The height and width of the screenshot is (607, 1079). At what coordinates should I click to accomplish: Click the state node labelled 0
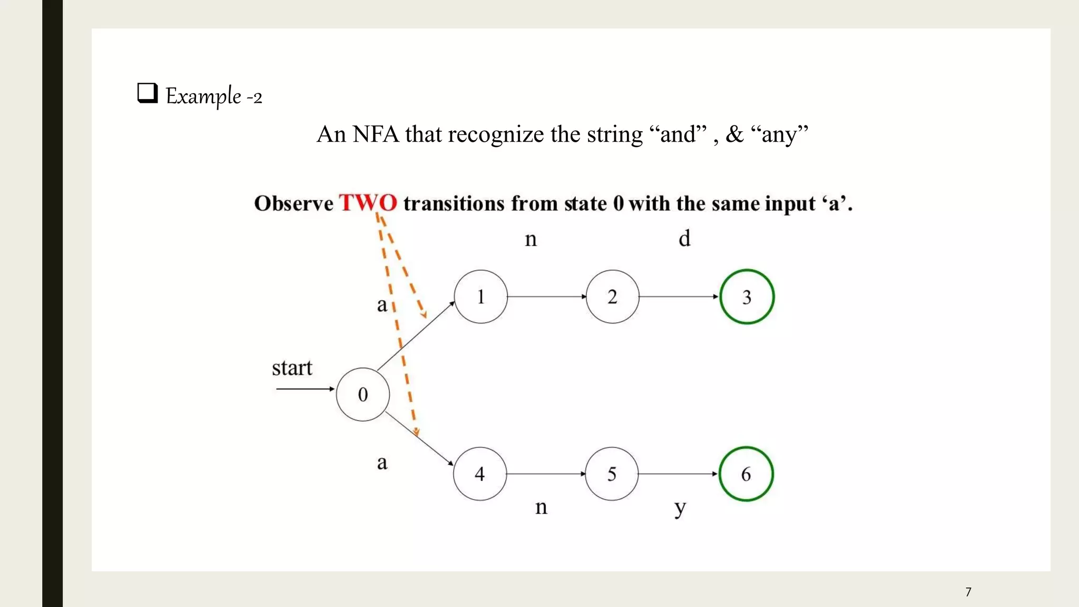pyautogui.click(x=363, y=394)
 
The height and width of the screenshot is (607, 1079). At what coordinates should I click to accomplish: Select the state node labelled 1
pyautogui.click(x=480, y=297)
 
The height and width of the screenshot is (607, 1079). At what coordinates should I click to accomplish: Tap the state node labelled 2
pyautogui.click(x=612, y=297)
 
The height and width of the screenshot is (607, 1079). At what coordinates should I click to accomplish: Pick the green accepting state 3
pyautogui.click(x=747, y=297)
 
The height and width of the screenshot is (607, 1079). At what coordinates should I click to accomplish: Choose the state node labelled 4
pyautogui.click(x=479, y=474)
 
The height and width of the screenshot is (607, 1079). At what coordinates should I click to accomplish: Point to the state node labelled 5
pyautogui.click(x=612, y=474)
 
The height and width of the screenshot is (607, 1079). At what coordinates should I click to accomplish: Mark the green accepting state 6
pyautogui.click(x=746, y=474)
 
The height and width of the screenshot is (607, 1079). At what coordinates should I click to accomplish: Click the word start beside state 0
pyautogui.click(x=292, y=368)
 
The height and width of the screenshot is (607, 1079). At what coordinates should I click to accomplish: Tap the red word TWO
pyautogui.click(x=368, y=203)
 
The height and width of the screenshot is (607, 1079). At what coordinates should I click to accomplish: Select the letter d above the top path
pyautogui.click(x=684, y=239)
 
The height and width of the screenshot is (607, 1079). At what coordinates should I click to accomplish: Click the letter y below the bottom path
pyautogui.click(x=680, y=508)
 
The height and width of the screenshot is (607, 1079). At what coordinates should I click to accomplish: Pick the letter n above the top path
pyautogui.click(x=531, y=240)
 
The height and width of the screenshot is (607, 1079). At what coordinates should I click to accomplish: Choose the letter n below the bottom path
pyautogui.click(x=541, y=507)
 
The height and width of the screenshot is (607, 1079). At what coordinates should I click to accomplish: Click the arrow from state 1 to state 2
pyautogui.click(x=546, y=297)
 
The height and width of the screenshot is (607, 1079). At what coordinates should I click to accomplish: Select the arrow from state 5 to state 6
pyautogui.click(x=678, y=474)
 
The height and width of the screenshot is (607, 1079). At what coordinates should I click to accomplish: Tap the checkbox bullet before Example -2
pyautogui.click(x=148, y=93)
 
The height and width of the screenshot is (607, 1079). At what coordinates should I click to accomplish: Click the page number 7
pyautogui.click(x=968, y=592)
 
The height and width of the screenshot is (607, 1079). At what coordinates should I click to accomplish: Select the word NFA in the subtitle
pyautogui.click(x=376, y=134)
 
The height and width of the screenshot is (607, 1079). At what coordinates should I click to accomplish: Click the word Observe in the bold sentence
pyautogui.click(x=293, y=204)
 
